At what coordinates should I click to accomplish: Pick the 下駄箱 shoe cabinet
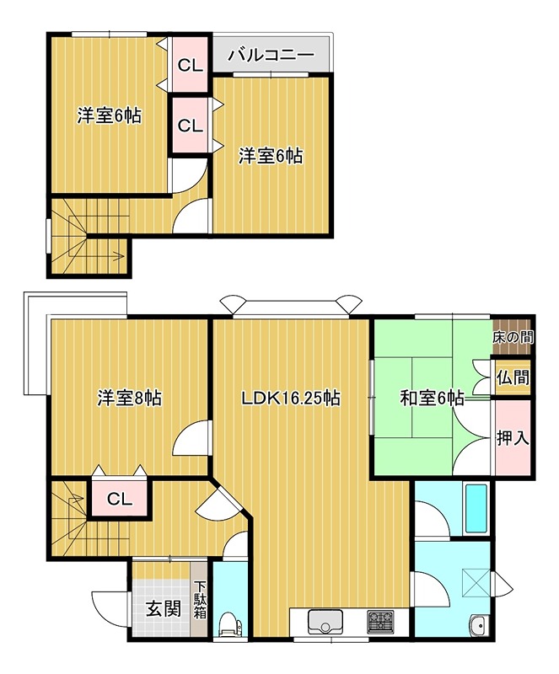[x=200, y=601]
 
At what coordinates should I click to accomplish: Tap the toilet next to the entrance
[x=228, y=624]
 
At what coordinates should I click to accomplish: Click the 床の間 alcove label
[x=512, y=336]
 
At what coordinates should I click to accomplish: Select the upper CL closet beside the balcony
[x=190, y=64]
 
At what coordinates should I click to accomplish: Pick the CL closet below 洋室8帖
[x=120, y=499]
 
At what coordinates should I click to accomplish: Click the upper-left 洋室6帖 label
[x=108, y=116]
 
